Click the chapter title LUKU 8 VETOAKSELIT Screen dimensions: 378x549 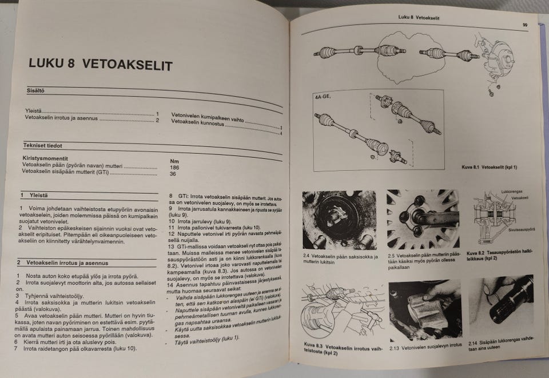(x=100, y=65)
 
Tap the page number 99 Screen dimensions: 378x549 (x=524, y=25)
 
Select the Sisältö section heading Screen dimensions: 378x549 (x=35, y=90)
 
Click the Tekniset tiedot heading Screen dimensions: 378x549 (x=43, y=145)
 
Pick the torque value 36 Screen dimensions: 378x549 (x=173, y=174)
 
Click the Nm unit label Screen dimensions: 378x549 (x=174, y=161)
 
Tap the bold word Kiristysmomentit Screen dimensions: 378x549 (x=46, y=156)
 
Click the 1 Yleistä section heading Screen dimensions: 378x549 (x=35, y=195)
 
